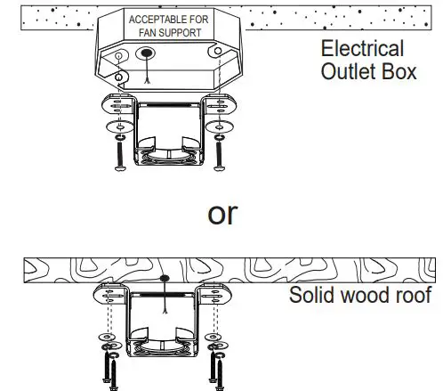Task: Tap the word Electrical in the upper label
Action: point(362,49)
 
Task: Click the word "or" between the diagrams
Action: point(221,214)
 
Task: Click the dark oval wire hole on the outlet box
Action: point(147,53)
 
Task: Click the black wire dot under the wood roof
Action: point(165,280)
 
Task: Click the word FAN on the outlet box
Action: point(143,32)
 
